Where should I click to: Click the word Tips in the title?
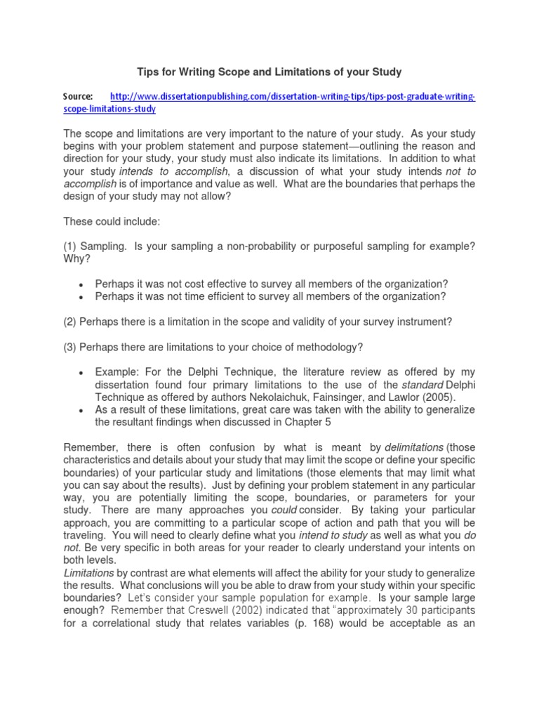(x=147, y=72)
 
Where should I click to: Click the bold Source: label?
(x=78, y=96)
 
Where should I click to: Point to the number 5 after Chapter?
(x=326, y=422)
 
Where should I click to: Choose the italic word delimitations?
(x=414, y=447)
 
